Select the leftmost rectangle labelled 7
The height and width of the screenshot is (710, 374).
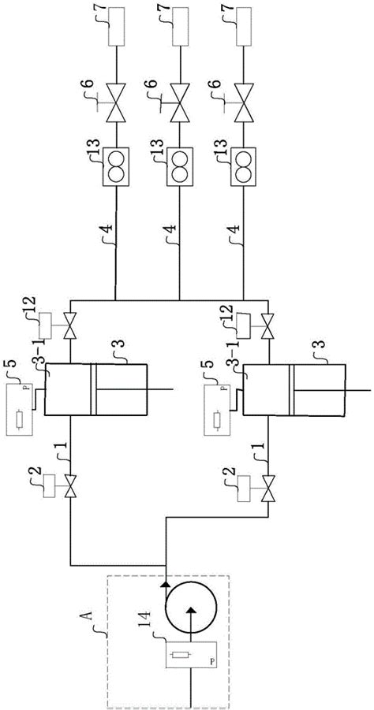point(117,26)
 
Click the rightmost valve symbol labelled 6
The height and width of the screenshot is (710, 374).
point(244,103)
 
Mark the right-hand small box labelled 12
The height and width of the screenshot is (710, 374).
point(245,326)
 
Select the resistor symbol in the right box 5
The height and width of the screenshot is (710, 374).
point(218,418)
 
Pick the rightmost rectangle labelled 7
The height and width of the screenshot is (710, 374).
point(245,26)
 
